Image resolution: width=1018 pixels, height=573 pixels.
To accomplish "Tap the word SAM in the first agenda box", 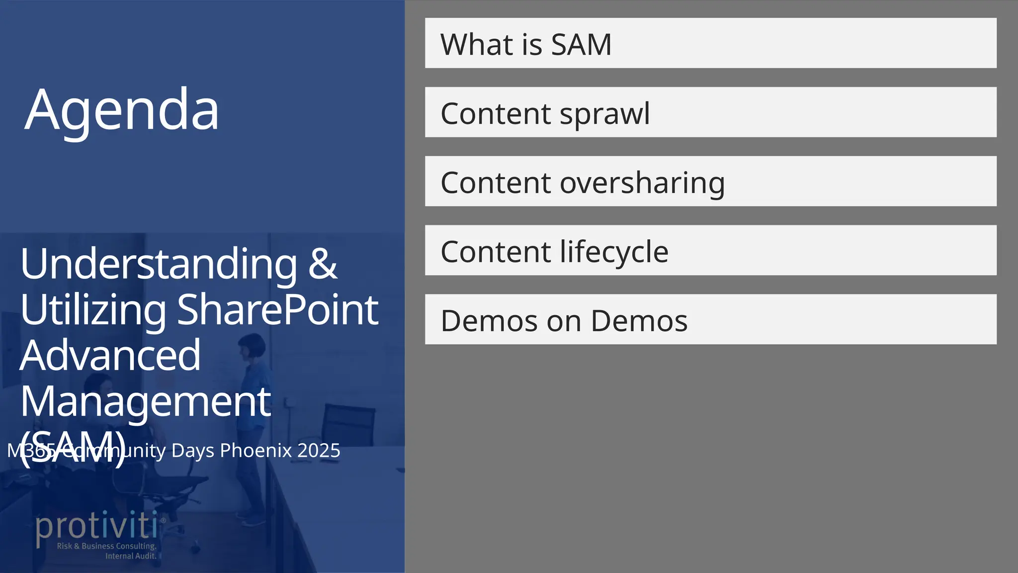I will tap(581, 44).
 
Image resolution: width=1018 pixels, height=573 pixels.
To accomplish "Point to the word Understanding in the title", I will tap(159, 264).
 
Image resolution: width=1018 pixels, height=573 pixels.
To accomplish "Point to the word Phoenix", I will tap(255, 451).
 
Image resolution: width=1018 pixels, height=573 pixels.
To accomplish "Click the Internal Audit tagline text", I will tap(131, 556).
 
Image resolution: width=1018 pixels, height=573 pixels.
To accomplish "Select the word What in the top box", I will tap(477, 44).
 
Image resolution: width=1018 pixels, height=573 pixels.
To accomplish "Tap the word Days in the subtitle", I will tap(193, 451).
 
